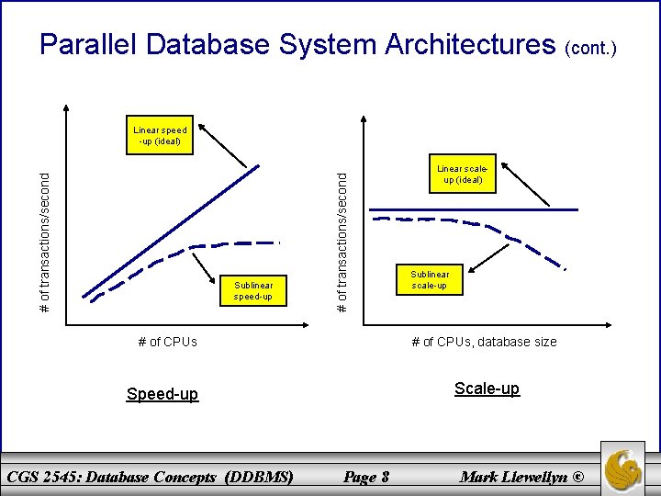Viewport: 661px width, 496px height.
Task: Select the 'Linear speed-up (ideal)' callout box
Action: tap(159, 135)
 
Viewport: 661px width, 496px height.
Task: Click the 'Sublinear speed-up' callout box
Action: tap(253, 290)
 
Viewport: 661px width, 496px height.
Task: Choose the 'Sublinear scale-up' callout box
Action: tap(430, 280)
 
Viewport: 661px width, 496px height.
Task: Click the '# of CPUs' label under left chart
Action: tap(167, 342)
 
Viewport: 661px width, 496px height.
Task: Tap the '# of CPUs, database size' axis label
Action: tap(484, 342)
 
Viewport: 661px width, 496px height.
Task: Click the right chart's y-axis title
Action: tap(342, 239)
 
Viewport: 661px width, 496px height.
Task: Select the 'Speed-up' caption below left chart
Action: tap(162, 394)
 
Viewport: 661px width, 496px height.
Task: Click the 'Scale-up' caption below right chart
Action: tap(487, 389)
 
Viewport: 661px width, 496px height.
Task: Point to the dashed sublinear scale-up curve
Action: tap(496, 230)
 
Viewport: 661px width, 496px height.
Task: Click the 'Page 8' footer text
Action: tap(365, 477)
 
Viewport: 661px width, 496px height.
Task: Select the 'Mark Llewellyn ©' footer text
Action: tap(521, 477)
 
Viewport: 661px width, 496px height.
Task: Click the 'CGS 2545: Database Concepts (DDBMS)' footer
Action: tap(150, 477)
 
